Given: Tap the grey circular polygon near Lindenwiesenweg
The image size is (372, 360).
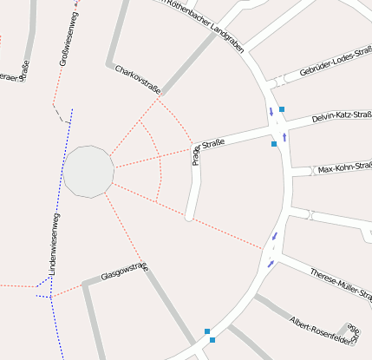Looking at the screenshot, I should (88, 171).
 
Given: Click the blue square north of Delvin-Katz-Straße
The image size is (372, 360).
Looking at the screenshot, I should (282, 109).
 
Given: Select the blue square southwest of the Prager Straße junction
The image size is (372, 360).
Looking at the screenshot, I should (274, 144).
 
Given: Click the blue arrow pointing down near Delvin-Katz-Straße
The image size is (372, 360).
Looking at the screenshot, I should (271, 112).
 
